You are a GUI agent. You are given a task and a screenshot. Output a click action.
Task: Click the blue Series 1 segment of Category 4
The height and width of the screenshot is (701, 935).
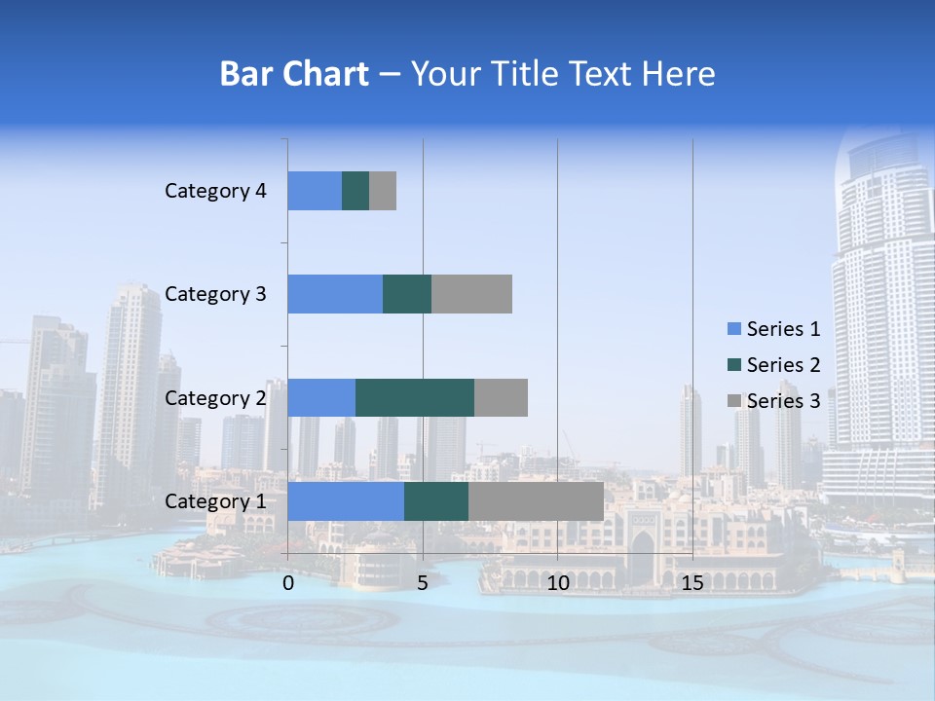(x=315, y=191)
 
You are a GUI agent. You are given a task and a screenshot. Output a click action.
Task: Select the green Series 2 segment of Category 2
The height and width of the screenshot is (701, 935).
(x=415, y=397)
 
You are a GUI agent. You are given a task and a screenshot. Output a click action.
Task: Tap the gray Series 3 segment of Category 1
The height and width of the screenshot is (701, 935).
(x=536, y=500)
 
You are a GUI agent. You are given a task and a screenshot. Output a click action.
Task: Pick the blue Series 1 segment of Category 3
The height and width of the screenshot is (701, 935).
(x=335, y=294)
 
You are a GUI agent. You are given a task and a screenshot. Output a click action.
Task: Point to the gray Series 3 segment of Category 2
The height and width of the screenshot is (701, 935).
(x=501, y=397)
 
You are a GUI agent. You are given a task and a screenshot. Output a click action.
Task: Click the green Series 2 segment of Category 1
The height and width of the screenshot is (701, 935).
(x=436, y=500)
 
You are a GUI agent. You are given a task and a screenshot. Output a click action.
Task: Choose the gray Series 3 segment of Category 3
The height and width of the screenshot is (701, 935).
(x=471, y=294)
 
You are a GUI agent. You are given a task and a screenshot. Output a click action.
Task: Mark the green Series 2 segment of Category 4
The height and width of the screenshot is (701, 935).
(x=355, y=191)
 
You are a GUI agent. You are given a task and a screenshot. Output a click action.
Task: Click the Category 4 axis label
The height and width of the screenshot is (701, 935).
(x=215, y=191)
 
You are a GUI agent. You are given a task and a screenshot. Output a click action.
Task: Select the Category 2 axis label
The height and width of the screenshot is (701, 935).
(x=215, y=397)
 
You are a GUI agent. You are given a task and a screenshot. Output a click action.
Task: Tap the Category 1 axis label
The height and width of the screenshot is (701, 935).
(x=215, y=501)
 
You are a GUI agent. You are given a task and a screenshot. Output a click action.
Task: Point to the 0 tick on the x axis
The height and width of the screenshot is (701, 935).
(x=288, y=583)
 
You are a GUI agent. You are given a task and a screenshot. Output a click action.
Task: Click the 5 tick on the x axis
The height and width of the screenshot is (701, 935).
(x=423, y=583)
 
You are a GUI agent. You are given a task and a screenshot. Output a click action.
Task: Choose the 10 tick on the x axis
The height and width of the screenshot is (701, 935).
(x=557, y=583)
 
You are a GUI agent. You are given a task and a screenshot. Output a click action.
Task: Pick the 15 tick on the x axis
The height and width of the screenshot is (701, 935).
(x=692, y=583)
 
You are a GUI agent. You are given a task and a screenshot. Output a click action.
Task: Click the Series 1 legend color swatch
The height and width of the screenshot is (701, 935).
(x=733, y=329)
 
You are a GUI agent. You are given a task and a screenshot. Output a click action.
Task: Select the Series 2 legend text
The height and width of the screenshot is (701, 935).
(x=783, y=365)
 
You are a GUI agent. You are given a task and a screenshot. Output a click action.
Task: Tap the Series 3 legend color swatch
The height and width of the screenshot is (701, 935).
(x=733, y=401)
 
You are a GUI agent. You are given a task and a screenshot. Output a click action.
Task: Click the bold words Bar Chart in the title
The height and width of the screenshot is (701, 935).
(x=294, y=74)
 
